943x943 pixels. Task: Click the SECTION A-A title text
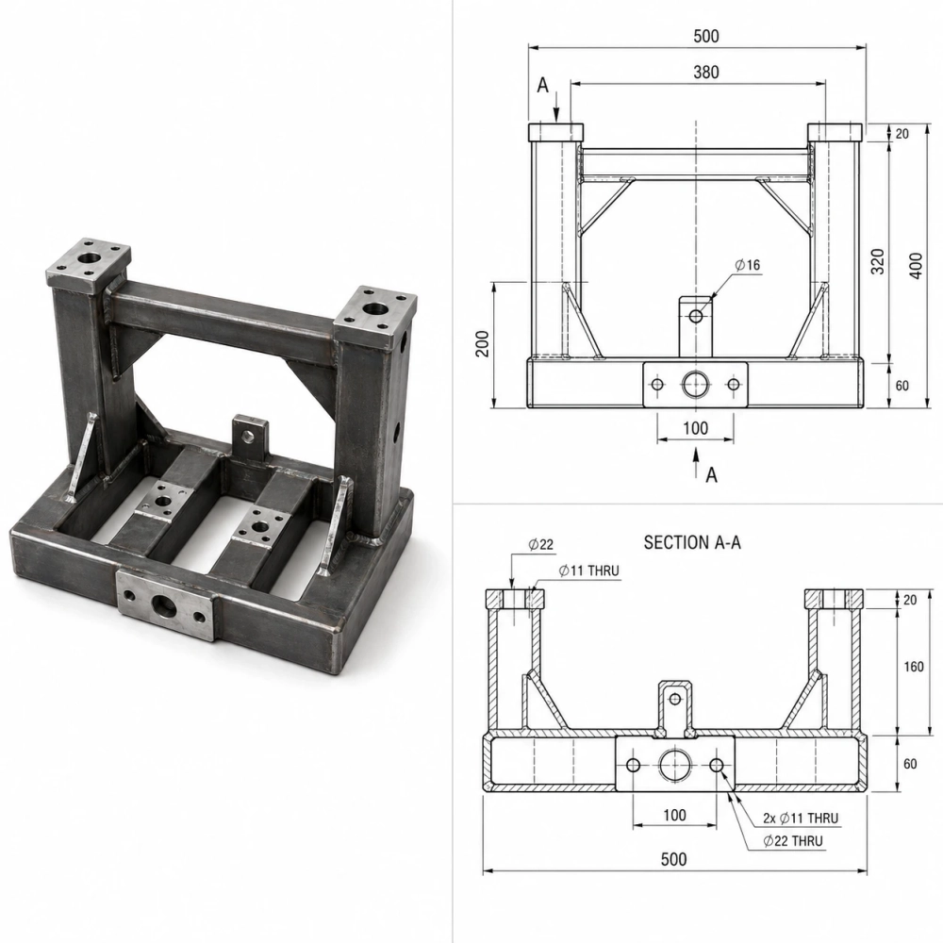click(692, 543)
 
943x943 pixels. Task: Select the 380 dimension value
click(706, 73)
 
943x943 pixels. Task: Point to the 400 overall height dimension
click(916, 265)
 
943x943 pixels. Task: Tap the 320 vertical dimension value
click(878, 261)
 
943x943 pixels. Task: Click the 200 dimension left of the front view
click(482, 343)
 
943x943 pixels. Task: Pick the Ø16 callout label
click(748, 265)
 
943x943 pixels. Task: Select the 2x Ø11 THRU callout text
click(801, 818)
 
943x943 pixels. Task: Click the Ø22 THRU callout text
click(793, 841)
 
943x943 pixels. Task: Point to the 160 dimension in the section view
click(914, 667)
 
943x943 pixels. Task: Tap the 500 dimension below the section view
click(673, 859)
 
